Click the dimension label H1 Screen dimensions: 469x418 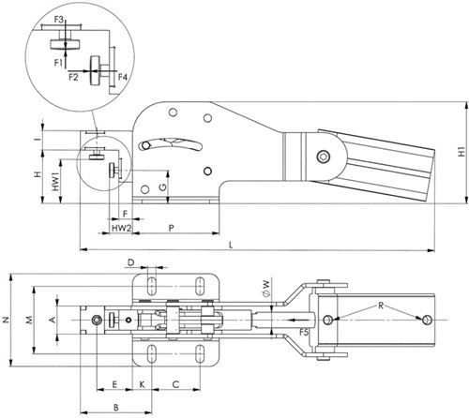coord(461,152)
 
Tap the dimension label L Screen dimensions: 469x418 coord(231,245)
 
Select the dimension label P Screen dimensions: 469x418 coord(171,228)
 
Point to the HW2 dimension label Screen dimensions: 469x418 coord(121,228)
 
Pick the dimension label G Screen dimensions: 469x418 coord(162,187)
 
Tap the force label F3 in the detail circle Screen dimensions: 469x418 coord(59,20)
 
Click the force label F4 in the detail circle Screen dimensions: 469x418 coord(123,77)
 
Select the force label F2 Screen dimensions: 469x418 coord(73,77)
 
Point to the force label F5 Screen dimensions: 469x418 coord(304,333)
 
